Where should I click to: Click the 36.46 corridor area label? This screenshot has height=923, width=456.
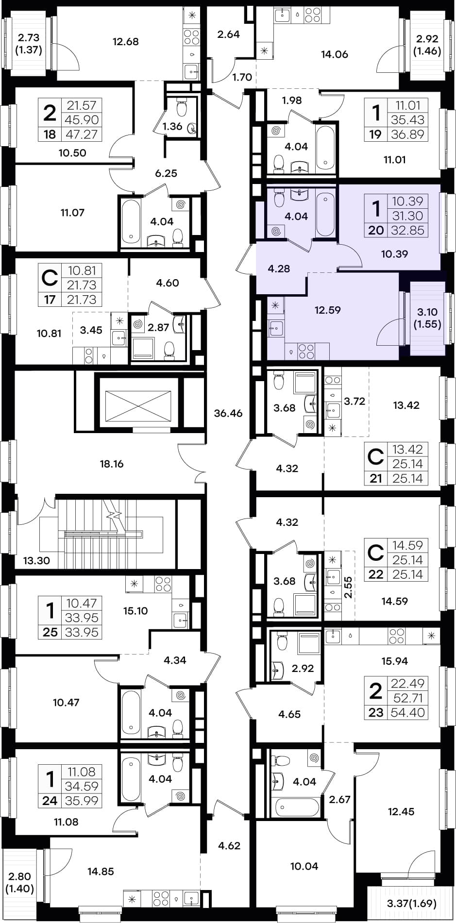tap(228, 413)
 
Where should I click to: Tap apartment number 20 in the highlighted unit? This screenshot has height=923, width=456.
tap(376, 230)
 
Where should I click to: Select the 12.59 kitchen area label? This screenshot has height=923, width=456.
tap(328, 310)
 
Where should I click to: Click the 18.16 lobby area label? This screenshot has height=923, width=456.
tap(112, 464)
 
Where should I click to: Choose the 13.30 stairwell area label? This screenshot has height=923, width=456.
tap(36, 560)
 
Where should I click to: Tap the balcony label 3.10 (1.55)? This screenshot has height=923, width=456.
tap(427, 318)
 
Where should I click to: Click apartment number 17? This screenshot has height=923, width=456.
tap(50, 300)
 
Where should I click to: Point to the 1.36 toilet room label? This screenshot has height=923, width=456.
tap(172, 127)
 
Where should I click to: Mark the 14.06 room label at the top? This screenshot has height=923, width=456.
tap(335, 54)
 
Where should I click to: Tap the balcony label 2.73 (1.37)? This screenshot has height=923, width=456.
tap(29, 43)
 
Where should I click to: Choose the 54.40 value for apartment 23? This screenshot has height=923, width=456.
tap(407, 712)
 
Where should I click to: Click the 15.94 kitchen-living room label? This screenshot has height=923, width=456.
tap(395, 661)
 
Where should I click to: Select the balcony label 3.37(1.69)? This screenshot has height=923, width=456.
tap(411, 904)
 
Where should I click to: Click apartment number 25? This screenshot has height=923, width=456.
tap(50, 632)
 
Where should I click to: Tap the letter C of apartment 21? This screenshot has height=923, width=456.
tap(375, 457)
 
